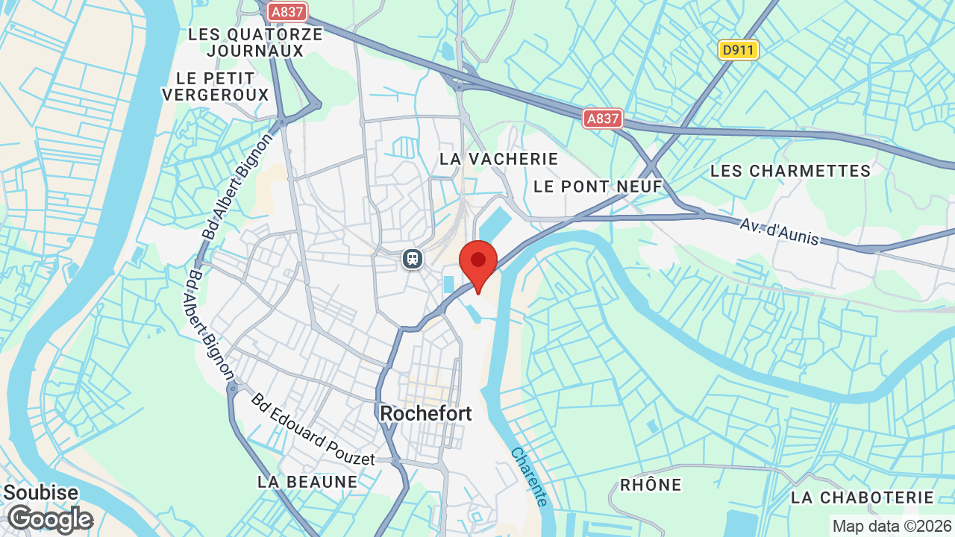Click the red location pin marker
pos(478,262)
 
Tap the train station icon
pos(412,259)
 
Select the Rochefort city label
pos(426,413)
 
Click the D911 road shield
pos(739,50)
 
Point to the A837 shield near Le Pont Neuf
pos(603,119)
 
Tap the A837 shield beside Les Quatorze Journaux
pos(287,11)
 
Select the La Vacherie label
pos(499,159)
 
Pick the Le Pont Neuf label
pos(598,186)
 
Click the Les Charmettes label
pos(791,171)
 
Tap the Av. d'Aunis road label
pos(780,231)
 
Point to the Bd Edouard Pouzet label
pos(313,430)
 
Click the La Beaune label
pos(308,482)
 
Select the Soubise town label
pos(41,493)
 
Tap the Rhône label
pos(651,485)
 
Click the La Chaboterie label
pos(862,497)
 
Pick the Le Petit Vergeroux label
pos(215,87)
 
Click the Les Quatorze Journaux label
pos(256,43)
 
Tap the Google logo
pos(50,519)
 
